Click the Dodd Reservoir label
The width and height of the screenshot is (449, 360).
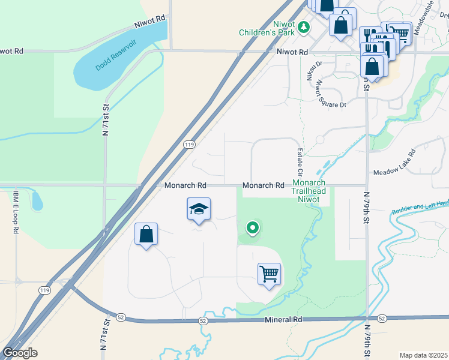(x=116, y=56)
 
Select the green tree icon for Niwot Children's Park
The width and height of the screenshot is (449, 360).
(x=304, y=26)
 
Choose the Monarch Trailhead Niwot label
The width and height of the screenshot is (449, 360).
(x=309, y=191)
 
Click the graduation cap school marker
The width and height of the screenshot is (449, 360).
(x=199, y=209)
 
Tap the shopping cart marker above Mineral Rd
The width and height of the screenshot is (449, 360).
(x=270, y=274)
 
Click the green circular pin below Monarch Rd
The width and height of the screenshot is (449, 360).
(x=253, y=227)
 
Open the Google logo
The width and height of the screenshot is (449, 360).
(x=20, y=353)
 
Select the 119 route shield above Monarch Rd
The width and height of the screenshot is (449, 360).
(x=189, y=145)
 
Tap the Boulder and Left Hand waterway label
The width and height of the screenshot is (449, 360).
(x=420, y=208)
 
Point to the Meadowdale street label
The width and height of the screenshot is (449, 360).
(x=427, y=13)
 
